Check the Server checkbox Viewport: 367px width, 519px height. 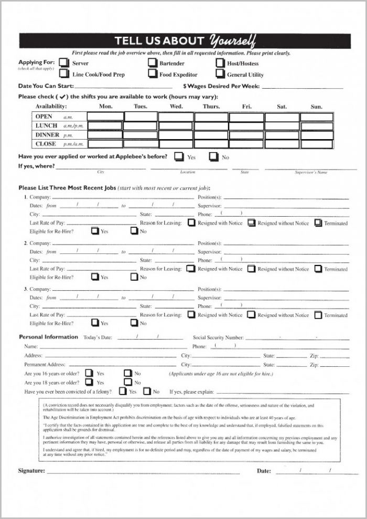click(64, 63)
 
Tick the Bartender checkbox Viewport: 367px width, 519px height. click(152, 63)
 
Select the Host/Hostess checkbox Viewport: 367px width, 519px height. click(220, 63)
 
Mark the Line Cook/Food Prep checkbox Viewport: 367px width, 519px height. click(64, 74)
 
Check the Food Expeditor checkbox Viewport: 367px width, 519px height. click(152, 74)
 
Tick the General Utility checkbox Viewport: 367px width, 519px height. click(220, 74)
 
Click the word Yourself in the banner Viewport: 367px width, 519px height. click(232, 40)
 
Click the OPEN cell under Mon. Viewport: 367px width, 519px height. click(105, 116)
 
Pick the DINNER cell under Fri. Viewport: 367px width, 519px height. click(246, 135)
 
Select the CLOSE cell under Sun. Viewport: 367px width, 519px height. click(317, 144)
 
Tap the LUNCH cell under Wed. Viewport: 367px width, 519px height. click(176, 126)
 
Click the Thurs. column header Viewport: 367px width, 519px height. click(211, 107)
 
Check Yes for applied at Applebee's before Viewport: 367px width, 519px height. click(179, 156)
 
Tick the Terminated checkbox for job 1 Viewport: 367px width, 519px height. click(318, 223)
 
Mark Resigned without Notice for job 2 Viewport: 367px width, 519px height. click(251, 269)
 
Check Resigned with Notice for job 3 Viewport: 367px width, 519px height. click(191, 315)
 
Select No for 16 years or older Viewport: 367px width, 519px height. click(128, 373)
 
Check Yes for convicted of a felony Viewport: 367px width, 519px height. click(123, 391)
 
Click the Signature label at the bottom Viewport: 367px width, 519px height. click(31, 471)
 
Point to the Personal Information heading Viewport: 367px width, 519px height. click(48, 337)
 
